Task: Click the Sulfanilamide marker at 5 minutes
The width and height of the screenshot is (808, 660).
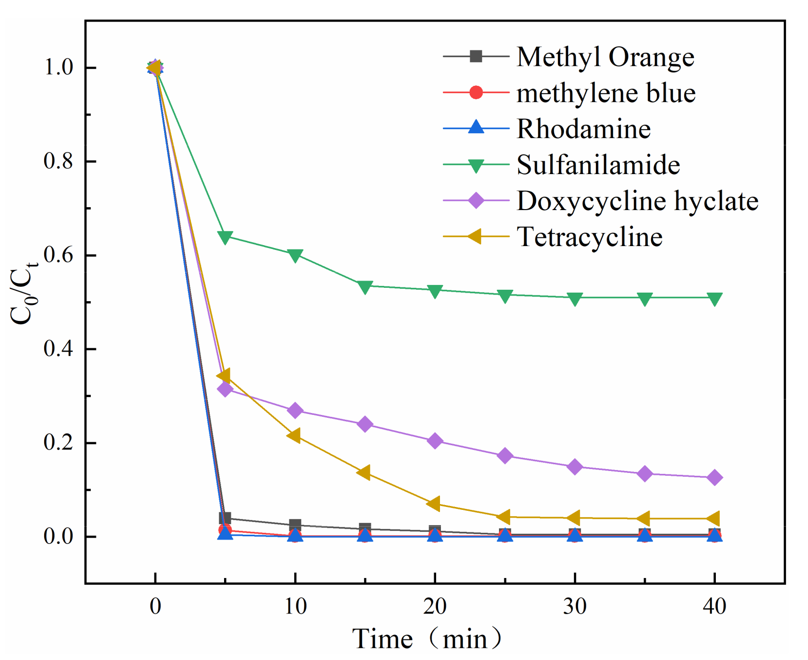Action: point(225,237)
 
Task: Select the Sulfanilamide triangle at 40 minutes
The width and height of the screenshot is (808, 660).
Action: point(714,299)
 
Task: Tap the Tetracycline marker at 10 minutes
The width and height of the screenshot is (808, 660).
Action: point(294,436)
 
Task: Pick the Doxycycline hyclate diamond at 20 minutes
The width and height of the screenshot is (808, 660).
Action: point(435,441)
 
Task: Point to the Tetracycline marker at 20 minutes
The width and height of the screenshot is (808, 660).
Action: point(434,504)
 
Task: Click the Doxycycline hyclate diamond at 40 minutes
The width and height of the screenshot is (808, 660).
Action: point(714,477)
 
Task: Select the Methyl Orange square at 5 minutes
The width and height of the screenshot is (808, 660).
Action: point(225,518)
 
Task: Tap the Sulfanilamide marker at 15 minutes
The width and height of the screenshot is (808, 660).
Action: point(365,287)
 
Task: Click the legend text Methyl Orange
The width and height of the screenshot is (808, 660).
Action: point(605,57)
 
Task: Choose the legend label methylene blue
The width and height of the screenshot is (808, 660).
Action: point(606,93)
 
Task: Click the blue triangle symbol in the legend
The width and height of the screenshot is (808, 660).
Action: point(475,128)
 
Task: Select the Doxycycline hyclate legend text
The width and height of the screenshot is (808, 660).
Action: point(637,200)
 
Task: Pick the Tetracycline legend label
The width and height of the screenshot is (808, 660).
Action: point(589,237)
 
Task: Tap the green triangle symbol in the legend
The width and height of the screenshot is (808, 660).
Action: point(475,165)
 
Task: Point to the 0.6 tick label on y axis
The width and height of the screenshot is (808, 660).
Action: point(58,255)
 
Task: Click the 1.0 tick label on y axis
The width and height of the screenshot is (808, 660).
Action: point(58,68)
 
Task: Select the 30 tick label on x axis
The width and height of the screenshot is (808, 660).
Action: point(574,607)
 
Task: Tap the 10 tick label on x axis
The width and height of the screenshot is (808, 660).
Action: point(295,607)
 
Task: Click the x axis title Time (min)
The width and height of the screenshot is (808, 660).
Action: point(427,639)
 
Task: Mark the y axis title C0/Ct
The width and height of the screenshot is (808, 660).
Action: point(24,293)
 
